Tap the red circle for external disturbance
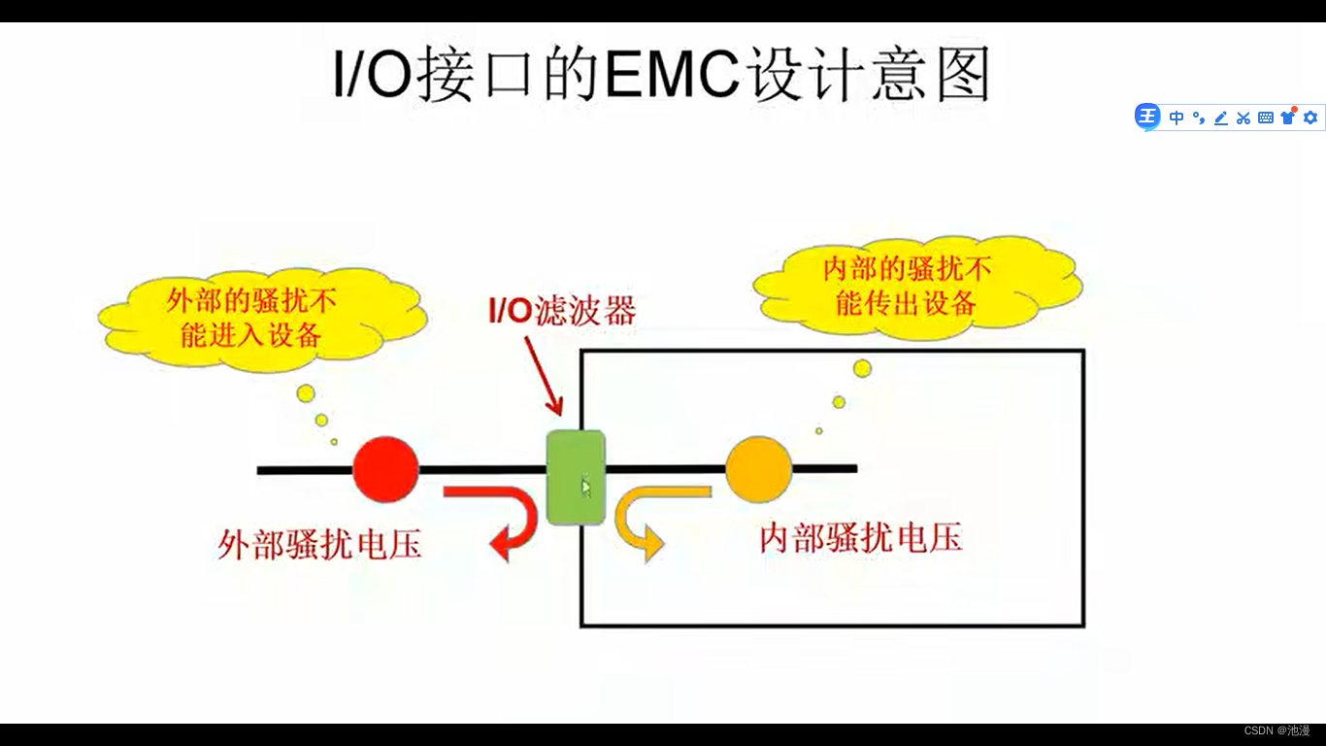tap(385, 469)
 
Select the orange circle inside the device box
tap(758, 469)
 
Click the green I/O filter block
tap(575, 477)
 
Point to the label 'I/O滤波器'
tap(561, 311)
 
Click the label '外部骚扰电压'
tap(319, 544)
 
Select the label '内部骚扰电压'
tap(860, 537)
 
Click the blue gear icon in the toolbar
tap(1310, 118)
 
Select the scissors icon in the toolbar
tap(1243, 118)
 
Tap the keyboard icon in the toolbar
tap(1266, 118)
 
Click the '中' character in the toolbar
tap(1177, 118)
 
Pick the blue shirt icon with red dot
tap(1288, 117)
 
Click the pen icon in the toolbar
tap(1221, 118)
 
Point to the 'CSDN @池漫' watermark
tap(1276, 730)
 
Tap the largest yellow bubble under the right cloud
tap(862, 368)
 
